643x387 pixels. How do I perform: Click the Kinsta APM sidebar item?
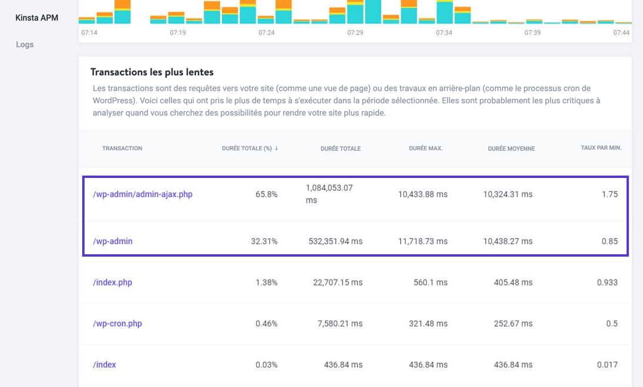(x=37, y=18)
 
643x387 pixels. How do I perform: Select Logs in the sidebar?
(x=25, y=45)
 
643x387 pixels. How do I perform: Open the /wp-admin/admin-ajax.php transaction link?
(x=143, y=194)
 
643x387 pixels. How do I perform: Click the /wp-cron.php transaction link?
(x=117, y=324)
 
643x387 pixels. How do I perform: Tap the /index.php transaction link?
(x=113, y=282)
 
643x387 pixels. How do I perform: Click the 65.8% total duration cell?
(x=266, y=194)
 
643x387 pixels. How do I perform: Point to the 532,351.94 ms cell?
(x=335, y=241)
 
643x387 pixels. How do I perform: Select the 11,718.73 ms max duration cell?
(x=422, y=241)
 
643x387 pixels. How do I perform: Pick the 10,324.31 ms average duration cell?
(x=508, y=194)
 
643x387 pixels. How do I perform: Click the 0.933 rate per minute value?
(x=607, y=282)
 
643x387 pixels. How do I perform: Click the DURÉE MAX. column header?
(x=426, y=149)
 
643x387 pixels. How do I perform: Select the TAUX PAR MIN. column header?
(x=601, y=148)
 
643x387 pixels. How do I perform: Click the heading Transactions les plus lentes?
(x=152, y=72)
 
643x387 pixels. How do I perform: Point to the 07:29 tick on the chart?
(x=355, y=33)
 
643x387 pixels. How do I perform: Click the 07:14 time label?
(x=89, y=33)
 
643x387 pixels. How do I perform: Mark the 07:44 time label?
(x=621, y=33)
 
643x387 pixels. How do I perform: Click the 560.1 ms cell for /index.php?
(x=430, y=282)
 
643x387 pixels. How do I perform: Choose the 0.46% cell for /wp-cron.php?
(x=267, y=324)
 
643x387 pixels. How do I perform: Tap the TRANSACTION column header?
(x=122, y=149)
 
